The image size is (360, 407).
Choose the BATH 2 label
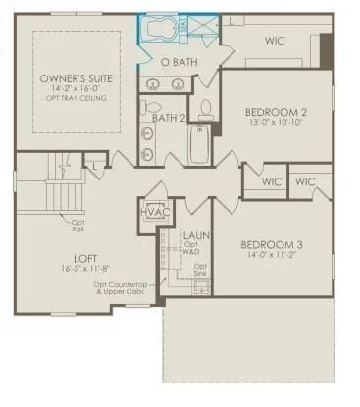coord(169,118)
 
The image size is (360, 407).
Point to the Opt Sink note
coord(200,270)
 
